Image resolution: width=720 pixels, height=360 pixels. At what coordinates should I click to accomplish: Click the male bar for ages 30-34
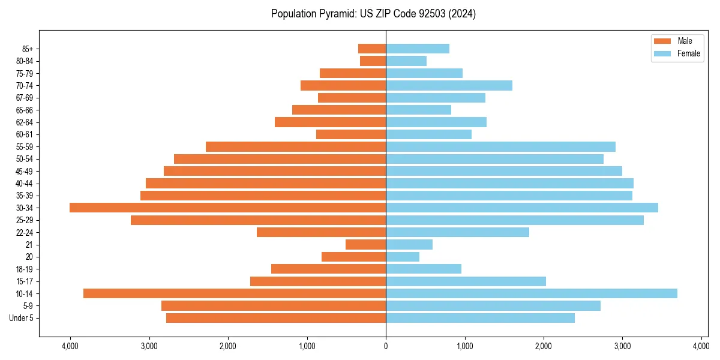point(228,208)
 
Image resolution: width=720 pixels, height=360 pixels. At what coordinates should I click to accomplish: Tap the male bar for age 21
point(366,245)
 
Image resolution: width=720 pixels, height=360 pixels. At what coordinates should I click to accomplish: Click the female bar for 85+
point(418,49)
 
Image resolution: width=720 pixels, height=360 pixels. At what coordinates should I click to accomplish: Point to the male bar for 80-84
point(373,61)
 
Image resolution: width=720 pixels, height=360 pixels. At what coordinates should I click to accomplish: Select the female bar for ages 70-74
point(449,85)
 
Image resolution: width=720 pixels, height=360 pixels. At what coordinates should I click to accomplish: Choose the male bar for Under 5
point(276,318)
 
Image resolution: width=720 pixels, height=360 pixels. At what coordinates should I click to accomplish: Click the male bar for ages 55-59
point(296,146)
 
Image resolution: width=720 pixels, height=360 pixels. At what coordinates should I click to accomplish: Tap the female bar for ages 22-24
point(457,232)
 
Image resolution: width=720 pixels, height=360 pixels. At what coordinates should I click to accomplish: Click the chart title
point(373,14)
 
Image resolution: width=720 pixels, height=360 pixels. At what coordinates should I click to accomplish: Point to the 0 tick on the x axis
point(386,346)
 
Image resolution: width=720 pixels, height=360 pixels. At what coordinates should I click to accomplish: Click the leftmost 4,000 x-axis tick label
point(70,346)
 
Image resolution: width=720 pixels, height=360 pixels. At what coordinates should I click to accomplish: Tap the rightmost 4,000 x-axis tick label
point(701,346)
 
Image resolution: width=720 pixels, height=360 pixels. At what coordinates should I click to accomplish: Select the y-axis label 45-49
point(23,171)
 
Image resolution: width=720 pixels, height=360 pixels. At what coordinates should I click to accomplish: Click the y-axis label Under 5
point(22,318)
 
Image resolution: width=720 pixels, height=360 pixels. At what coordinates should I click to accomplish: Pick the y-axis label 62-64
point(23,122)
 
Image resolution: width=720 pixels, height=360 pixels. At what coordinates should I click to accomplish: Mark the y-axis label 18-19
point(23,269)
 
